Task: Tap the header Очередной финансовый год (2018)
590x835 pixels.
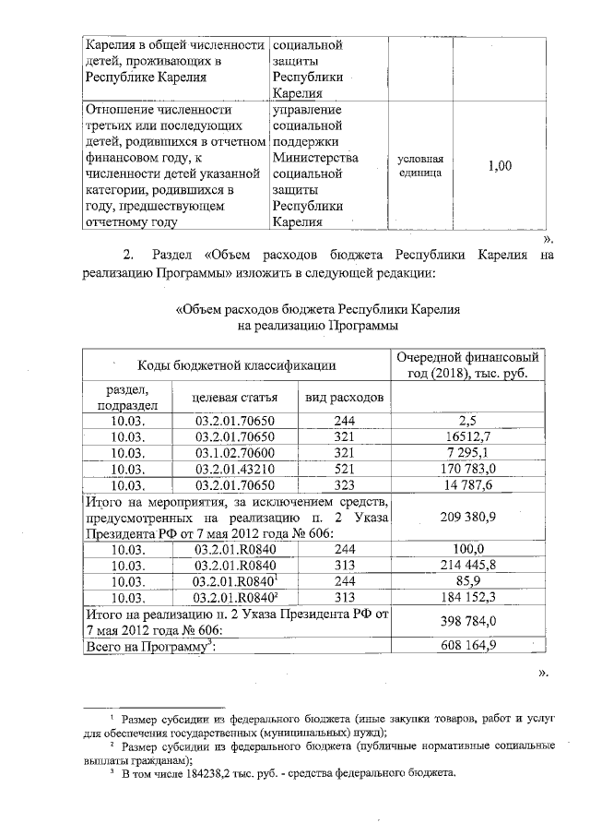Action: pyautogui.click(x=466, y=365)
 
